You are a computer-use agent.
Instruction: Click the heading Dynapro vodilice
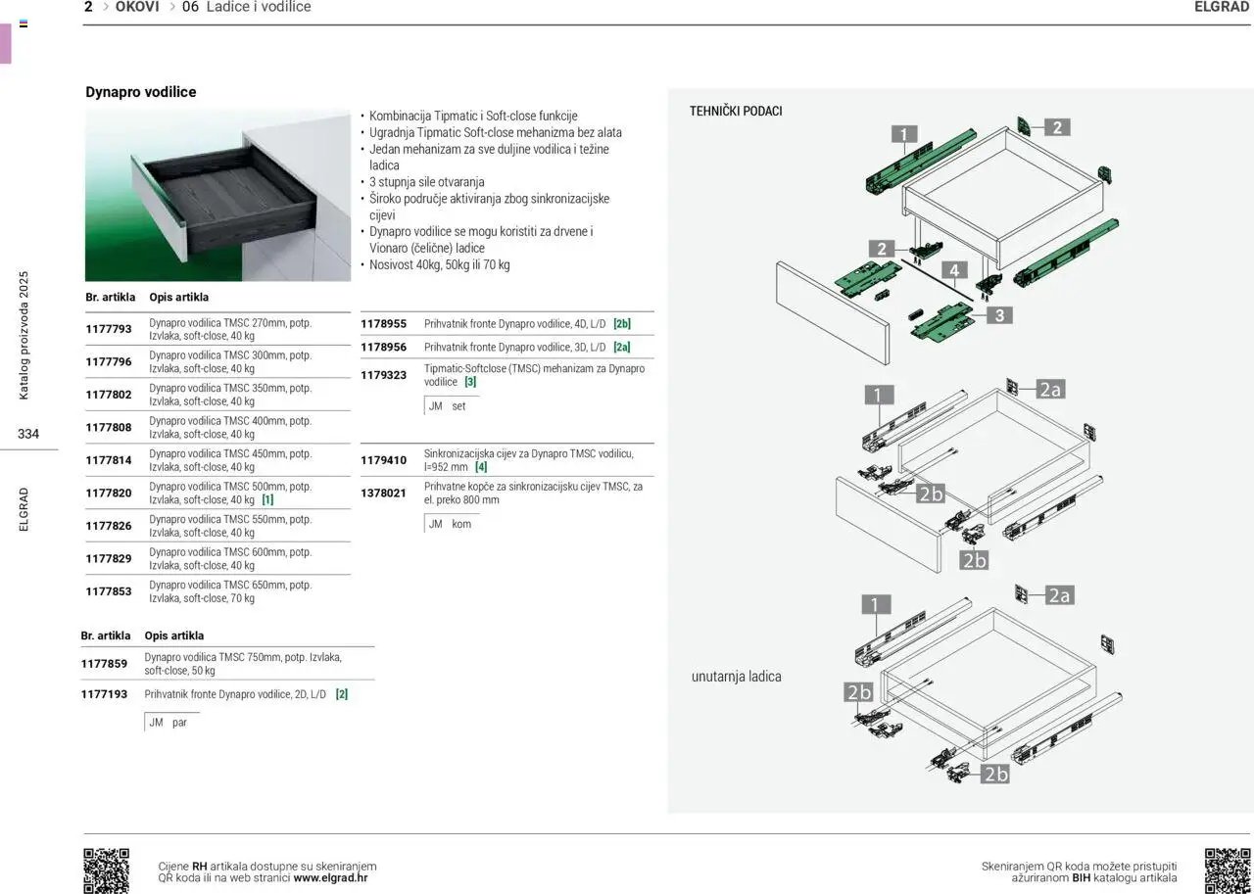[141, 92]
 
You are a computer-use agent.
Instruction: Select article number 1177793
[109, 329]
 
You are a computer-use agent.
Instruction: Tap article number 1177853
[109, 591]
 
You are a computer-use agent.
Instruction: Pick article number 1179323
[384, 375]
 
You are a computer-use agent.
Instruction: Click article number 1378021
[384, 493]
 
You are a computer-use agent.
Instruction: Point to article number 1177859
[104, 664]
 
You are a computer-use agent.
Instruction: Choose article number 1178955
[384, 323]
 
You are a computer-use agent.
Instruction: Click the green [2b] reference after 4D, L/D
[622, 323]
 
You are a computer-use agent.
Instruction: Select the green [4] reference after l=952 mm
[481, 467]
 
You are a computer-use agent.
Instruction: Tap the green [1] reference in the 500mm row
[267, 499]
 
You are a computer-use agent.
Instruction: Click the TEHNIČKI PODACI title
[736, 112]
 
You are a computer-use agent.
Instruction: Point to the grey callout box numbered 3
[999, 315]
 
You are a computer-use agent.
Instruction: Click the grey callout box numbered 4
[953, 270]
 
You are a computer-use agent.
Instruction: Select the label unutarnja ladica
[737, 677]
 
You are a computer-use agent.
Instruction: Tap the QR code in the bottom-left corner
[106, 870]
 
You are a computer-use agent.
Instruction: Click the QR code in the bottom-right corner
[1227, 870]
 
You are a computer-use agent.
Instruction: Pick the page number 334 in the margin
[27, 434]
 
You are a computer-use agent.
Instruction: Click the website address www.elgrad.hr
[330, 878]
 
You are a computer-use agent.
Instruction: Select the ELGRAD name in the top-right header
[1222, 7]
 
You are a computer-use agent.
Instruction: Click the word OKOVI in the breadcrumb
[137, 7]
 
